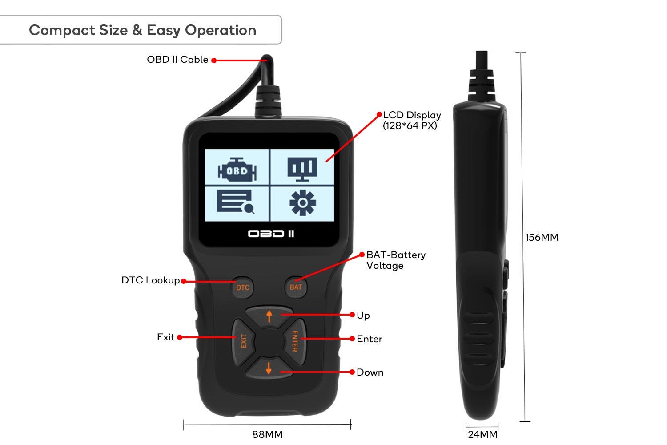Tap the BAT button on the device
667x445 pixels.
(x=296, y=287)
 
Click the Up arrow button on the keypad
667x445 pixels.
(x=269, y=316)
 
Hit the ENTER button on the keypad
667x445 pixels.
(x=294, y=341)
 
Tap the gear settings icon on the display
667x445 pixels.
(x=302, y=202)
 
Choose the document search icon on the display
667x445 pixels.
(x=236, y=202)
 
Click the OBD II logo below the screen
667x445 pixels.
(x=271, y=234)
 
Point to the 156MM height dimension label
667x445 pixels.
(x=542, y=238)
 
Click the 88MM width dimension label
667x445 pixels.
(x=267, y=435)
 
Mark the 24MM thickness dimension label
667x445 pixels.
(x=482, y=435)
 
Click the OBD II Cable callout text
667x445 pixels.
(x=177, y=60)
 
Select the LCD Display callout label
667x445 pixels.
(x=412, y=121)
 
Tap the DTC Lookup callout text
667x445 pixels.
(x=151, y=280)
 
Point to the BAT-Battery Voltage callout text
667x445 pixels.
(x=396, y=260)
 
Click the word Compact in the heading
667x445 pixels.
(x=62, y=31)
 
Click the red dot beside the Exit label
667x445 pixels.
(x=180, y=337)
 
